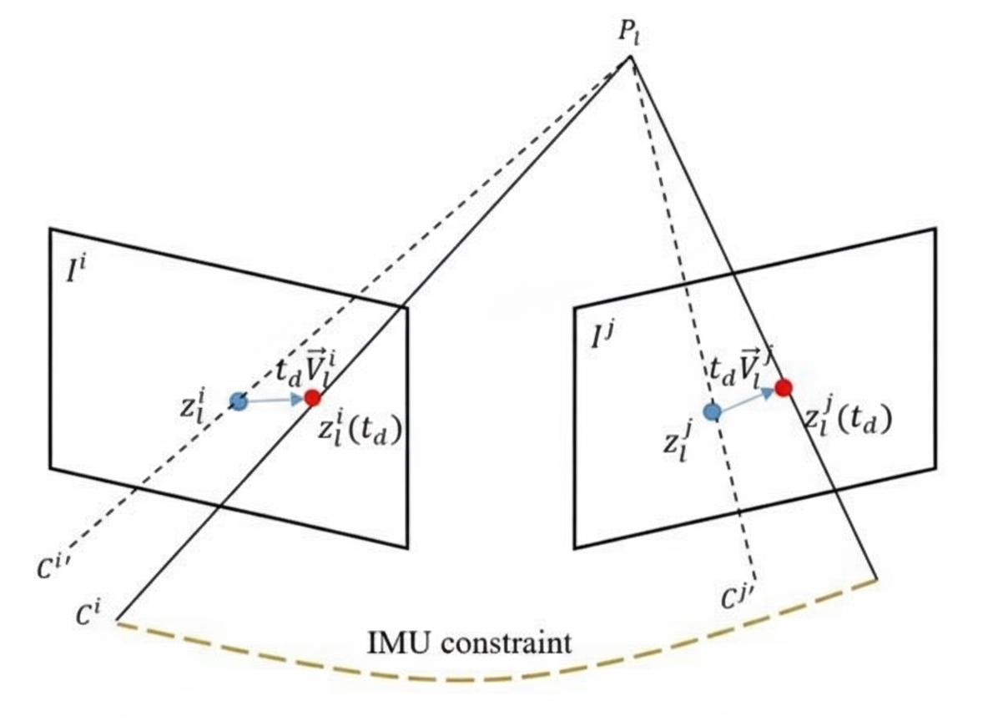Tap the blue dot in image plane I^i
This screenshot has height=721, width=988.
[238, 401]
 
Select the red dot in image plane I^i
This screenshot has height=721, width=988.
[312, 398]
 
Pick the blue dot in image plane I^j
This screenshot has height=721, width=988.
[711, 411]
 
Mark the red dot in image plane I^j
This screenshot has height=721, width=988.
[783, 387]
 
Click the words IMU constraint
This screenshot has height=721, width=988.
[470, 643]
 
